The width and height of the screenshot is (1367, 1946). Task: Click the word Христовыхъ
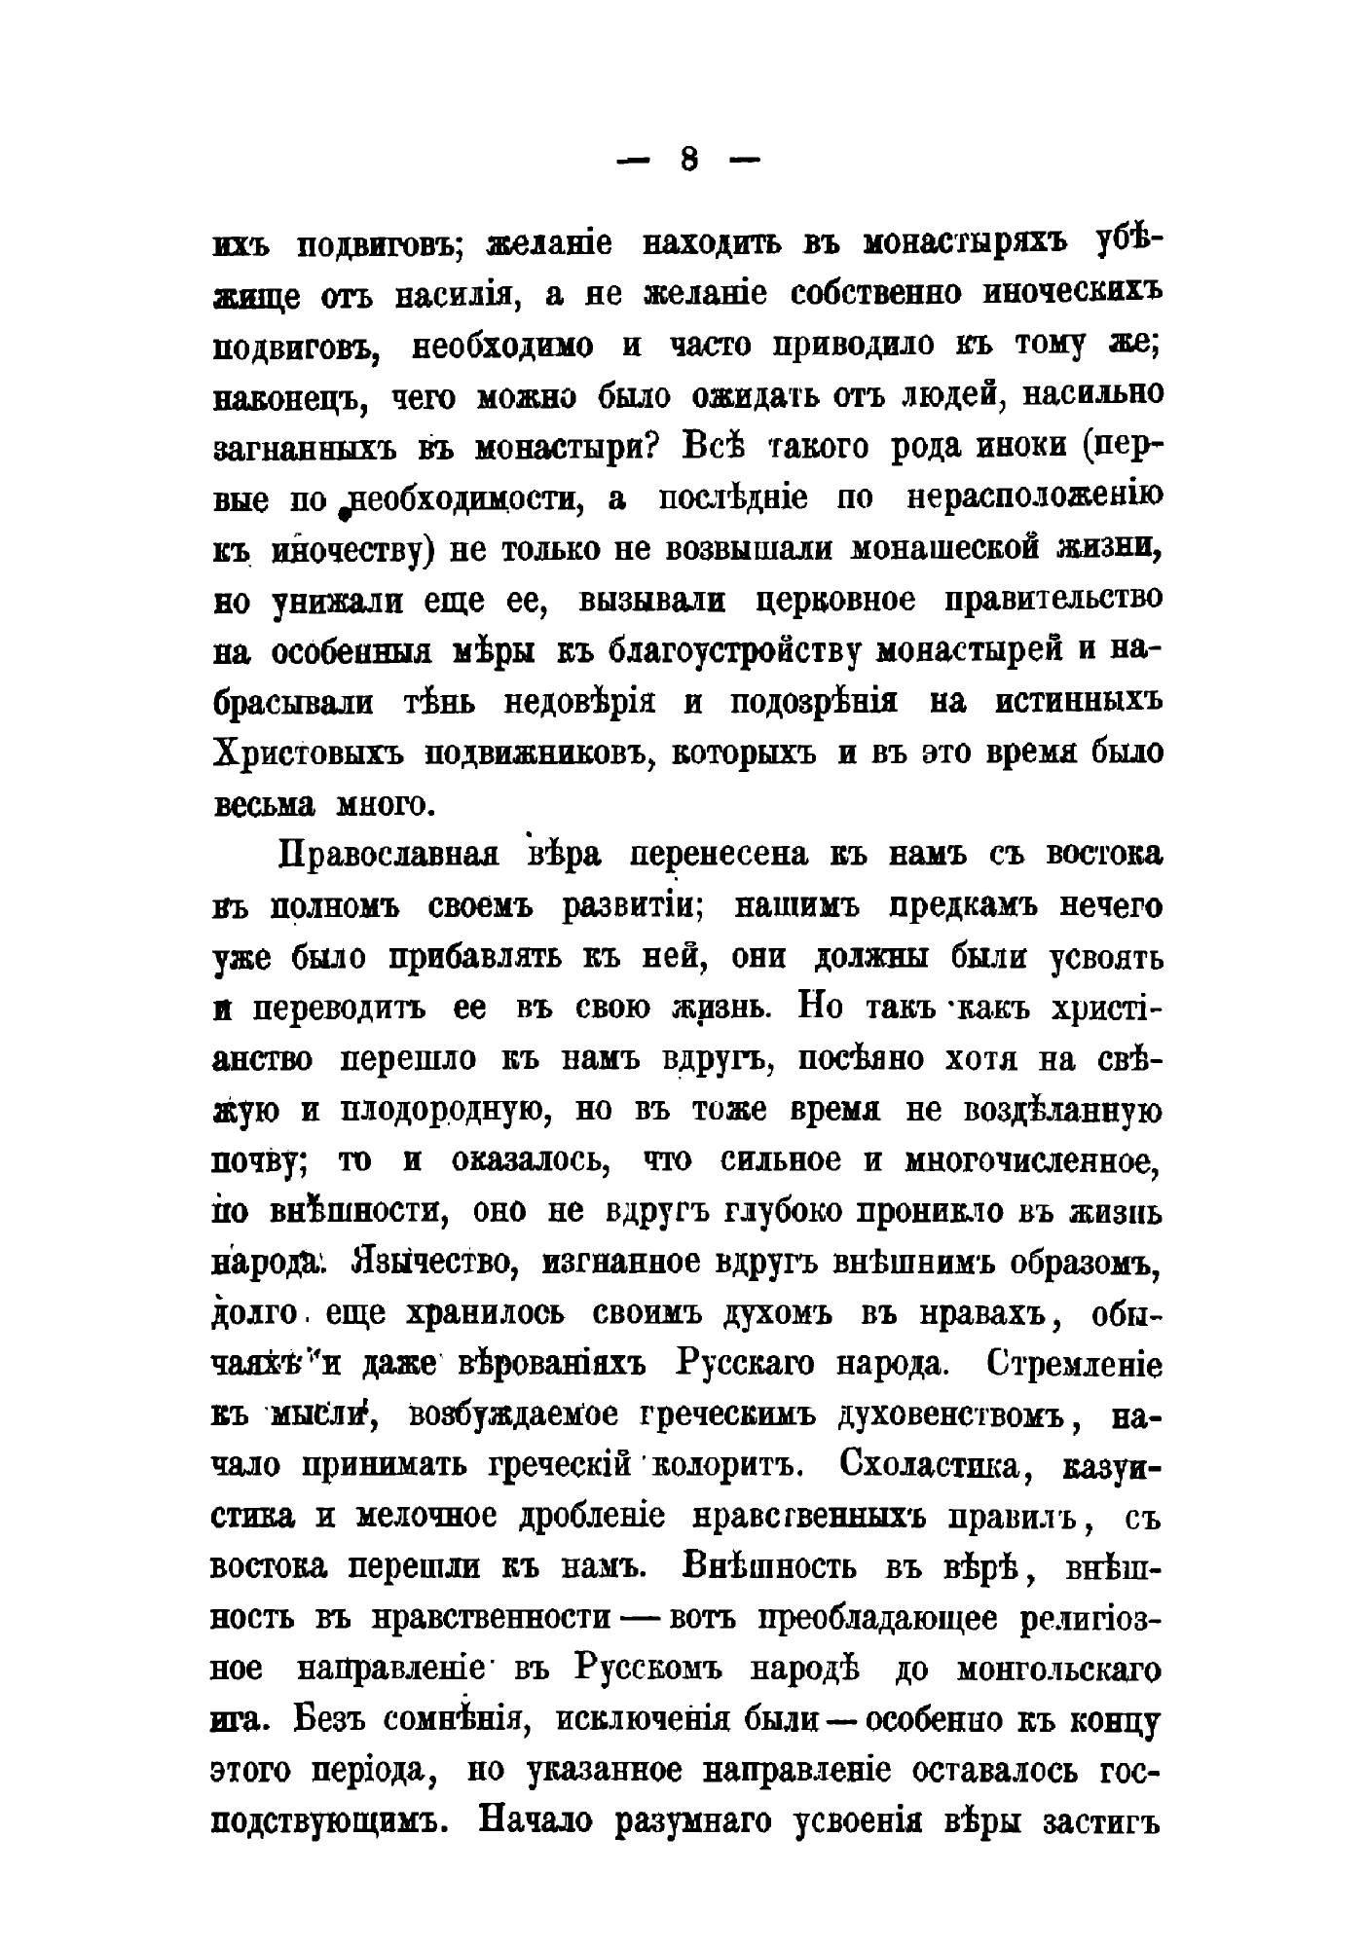coord(310,753)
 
